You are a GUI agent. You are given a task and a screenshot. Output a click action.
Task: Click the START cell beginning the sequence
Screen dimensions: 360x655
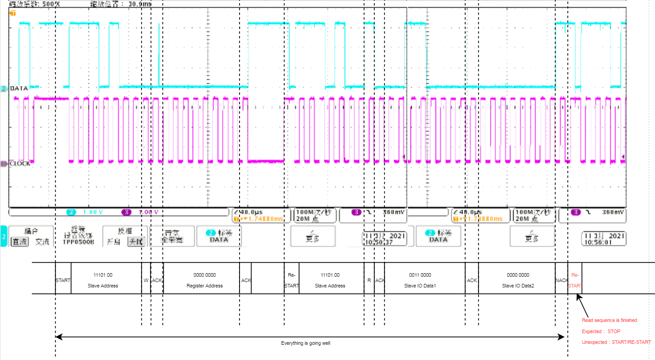(63, 280)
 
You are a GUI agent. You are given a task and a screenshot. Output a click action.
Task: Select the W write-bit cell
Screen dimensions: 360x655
(146, 280)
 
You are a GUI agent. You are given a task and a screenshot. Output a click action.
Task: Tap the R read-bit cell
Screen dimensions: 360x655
(369, 280)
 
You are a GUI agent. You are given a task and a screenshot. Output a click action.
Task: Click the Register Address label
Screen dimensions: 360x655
(205, 286)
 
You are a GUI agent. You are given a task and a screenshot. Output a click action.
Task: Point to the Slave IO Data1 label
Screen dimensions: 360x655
(420, 286)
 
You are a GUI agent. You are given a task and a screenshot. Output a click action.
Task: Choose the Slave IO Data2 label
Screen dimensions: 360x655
(518, 286)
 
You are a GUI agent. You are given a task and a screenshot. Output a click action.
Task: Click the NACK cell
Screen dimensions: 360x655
(561, 280)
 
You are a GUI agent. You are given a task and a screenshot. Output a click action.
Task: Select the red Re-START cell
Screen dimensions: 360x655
(575, 280)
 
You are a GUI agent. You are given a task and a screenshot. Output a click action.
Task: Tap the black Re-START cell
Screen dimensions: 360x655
(291, 280)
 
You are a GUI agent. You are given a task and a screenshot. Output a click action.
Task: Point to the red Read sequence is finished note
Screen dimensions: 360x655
(609, 320)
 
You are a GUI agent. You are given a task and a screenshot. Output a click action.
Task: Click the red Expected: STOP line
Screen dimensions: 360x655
(601, 331)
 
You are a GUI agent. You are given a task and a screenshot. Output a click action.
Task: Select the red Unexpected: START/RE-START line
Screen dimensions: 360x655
(616, 342)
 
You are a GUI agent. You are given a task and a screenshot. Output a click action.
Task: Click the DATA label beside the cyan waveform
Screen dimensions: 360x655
(19, 89)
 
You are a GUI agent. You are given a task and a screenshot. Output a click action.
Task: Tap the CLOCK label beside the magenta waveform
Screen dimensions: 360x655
(20, 164)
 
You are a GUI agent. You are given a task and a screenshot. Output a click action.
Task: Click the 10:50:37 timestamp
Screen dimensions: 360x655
(385, 242)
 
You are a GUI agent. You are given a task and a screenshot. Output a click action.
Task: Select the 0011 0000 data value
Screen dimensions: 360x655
(420, 275)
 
